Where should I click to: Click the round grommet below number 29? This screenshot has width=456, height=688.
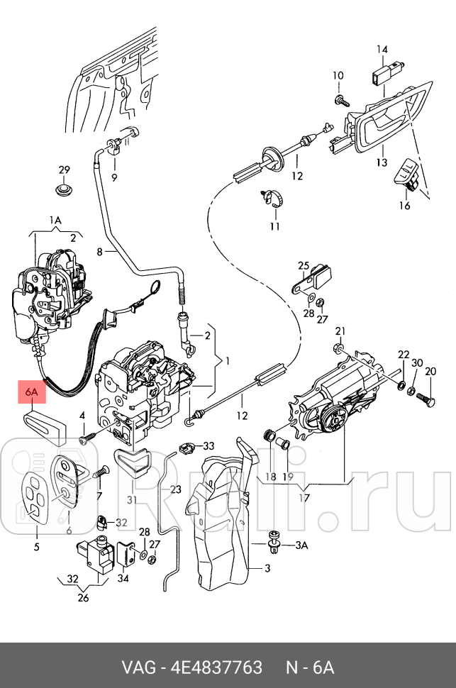[x=65, y=192]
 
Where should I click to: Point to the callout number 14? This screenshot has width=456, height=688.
[x=382, y=50]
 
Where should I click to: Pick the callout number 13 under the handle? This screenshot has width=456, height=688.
[x=382, y=162]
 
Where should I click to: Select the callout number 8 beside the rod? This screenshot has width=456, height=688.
[x=100, y=251]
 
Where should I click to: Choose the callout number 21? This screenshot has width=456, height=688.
[x=340, y=331]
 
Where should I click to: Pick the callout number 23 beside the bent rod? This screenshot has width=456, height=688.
[x=175, y=489]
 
